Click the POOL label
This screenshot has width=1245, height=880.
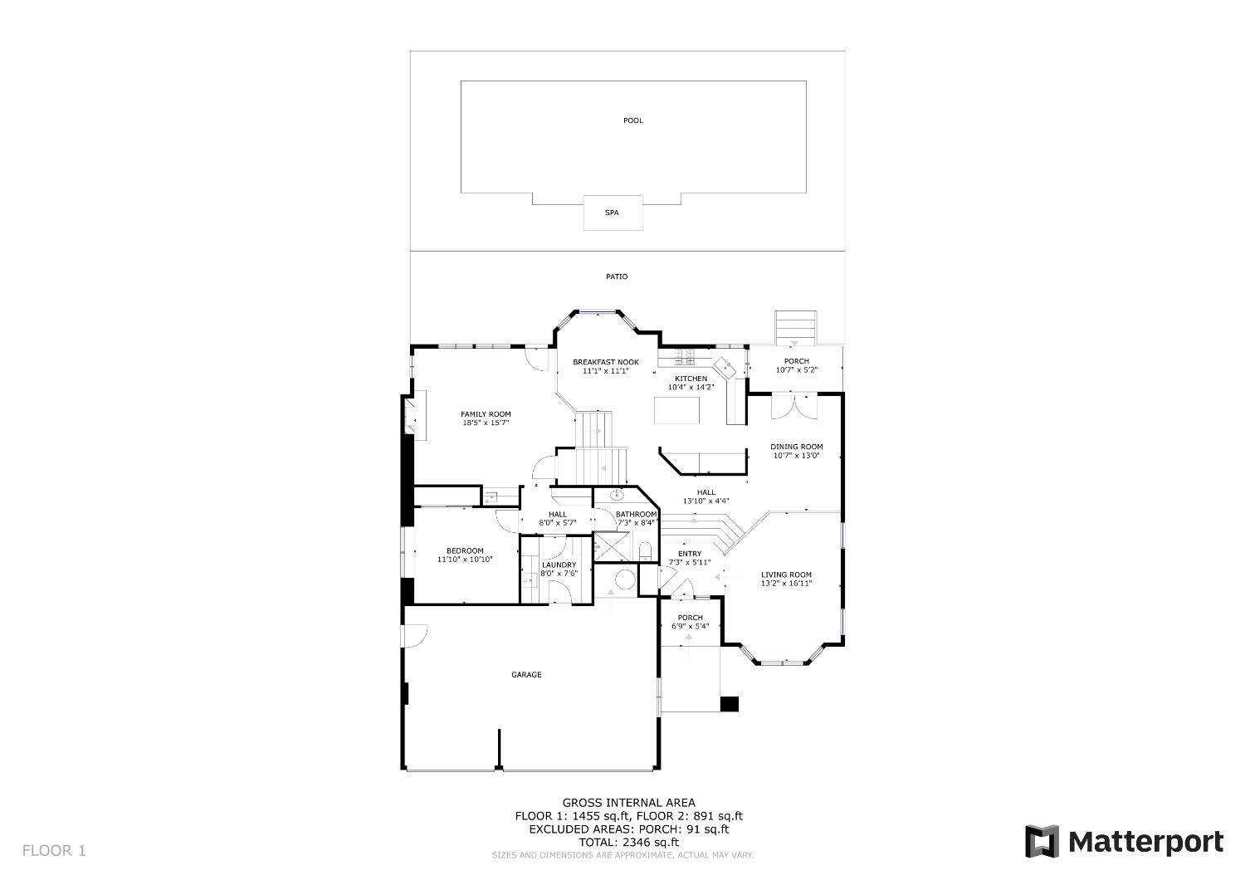click(632, 120)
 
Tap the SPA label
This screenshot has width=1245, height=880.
click(612, 213)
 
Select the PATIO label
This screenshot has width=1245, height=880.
click(617, 276)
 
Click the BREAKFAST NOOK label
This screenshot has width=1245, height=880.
click(606, 362)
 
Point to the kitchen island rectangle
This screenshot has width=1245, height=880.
click(676, 410)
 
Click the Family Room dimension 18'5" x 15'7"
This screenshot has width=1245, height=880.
click(486, 423)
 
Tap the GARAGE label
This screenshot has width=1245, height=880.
click(526, 674)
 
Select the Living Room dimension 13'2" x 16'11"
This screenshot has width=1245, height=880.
click(787, 583)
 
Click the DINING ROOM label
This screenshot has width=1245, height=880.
click(797, 447)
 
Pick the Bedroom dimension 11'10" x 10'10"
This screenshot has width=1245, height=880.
click(465, 560)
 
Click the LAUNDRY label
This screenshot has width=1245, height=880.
click(559, 565)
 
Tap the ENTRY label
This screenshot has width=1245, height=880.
click(690, 554)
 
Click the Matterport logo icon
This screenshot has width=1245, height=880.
click(1042, 841)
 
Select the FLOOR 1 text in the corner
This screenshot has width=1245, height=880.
click(54, 851)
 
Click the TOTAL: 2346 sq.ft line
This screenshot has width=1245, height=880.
click(628, 842)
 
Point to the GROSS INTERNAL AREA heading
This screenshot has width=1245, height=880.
click(628, 802)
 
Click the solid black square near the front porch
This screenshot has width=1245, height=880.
click(730, 704)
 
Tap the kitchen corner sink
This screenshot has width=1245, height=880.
click(725, 366)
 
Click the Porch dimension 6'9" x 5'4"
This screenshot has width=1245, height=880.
click(691, 626)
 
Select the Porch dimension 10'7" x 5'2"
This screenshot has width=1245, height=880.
click(797, 369)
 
